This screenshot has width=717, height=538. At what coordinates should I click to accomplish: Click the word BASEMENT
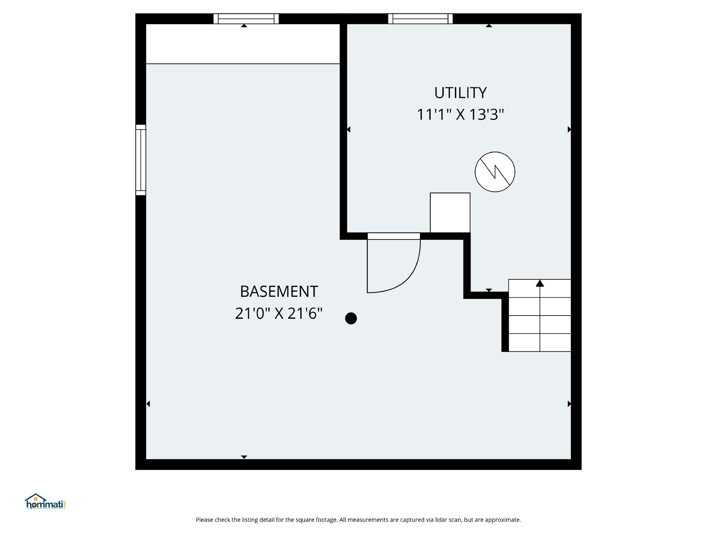point(279,291)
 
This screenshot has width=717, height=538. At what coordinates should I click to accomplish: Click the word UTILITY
point(460,93)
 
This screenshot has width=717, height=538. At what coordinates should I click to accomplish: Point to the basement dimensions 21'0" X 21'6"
point(279,313)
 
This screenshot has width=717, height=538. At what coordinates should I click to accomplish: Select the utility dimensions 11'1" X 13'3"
point(460,115)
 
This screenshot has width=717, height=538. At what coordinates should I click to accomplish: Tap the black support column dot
point(351,318)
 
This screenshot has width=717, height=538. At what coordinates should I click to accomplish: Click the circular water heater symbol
point(495,172)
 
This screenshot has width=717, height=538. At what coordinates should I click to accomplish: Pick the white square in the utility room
point(450,213)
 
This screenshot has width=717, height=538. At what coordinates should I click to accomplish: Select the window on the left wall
point(141,160)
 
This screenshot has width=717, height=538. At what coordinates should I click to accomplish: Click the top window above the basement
point(246,19)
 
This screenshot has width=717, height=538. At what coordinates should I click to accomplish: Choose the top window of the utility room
point(420,19)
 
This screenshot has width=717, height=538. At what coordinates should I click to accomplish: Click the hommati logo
point(45,501)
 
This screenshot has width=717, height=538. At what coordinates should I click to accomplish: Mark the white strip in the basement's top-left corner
point(243,44)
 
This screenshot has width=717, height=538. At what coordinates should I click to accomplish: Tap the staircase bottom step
point(540,343)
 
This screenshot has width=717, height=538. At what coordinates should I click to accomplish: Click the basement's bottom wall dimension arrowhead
point(244,457)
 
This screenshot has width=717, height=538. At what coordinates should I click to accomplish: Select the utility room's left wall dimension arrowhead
point(349,130)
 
